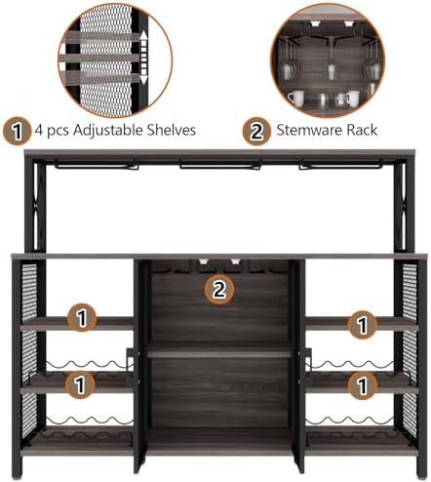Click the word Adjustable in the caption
point(108,130)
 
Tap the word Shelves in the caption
point(172,130)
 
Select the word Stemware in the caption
point(309,130)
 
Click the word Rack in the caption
point(362,130)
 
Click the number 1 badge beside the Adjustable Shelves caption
point(17,131)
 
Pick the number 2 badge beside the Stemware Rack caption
point(256,131)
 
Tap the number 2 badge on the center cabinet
point(219,289)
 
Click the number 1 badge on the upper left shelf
point(82,318)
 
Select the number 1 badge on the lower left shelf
point(80,384)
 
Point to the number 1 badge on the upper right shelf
point(363,325)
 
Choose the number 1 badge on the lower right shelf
point(363,385)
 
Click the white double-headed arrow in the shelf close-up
point(144,58)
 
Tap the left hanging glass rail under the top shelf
point(97,165)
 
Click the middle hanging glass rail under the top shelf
point(220,165)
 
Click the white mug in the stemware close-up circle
point(296,98)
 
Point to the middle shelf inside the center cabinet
point(219,354)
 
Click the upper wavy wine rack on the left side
point(90,364)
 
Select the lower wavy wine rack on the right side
point(350,421)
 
